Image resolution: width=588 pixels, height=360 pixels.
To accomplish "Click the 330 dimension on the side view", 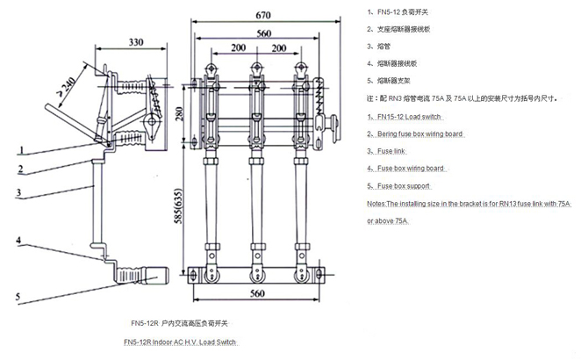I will pyautogui.click(x=137, y=41).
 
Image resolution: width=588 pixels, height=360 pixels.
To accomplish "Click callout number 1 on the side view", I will pyautogui.click(x=17, y=151).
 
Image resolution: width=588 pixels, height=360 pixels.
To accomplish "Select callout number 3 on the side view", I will pyautogui.click(x=17, y=192).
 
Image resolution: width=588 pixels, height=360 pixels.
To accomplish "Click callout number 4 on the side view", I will pyautogui.click(x=17, y=239).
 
